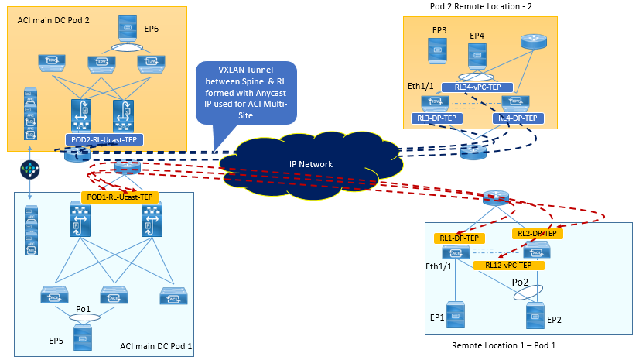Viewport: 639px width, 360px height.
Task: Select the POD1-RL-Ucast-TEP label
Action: point(119,197)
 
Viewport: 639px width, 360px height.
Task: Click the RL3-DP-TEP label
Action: point(438,118)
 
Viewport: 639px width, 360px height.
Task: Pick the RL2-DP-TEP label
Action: point(535,233)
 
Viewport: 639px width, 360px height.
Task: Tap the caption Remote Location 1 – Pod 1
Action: point(504,343)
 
